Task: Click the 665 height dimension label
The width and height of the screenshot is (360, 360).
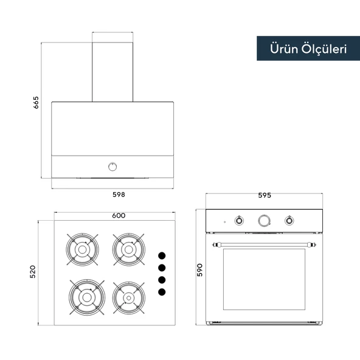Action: click(36, 103)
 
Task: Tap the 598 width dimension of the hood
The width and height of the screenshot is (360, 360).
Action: click(119, 195)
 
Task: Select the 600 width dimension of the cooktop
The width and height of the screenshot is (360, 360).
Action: click(119, 216)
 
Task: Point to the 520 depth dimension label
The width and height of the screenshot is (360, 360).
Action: click(33, 272)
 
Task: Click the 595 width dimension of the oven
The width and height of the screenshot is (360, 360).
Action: click(265, 195)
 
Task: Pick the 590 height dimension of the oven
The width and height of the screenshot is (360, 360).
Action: click(199, 270)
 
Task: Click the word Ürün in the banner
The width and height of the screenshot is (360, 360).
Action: click(284, 49)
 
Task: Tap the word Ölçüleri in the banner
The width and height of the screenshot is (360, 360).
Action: click(324, 49)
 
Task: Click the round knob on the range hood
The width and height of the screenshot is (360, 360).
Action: click(112, 167)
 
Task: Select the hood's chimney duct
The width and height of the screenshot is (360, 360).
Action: click(112, 72)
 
